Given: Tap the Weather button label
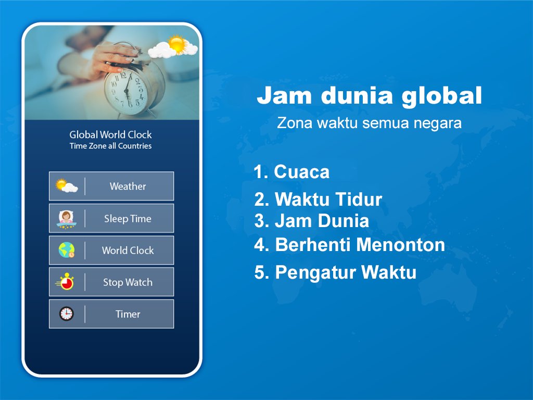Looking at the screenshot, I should (x=128, y=186).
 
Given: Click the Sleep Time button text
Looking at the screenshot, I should (x=128, y=219).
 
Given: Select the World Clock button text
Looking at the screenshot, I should (x=128, y=251).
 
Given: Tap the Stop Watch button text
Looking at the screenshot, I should (x=128, y=282).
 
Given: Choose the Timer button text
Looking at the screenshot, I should (x=128, y=314).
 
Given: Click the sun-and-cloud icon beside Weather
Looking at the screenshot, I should (x=67, y=186).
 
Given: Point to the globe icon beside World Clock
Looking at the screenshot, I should (x=67, y=251).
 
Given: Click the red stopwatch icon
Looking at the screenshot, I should (x=65, y=282).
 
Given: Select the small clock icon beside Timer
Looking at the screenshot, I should (x=66, y=314).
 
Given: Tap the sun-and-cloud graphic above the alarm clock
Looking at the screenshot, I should (x=173, y=47).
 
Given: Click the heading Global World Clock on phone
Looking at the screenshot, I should (x=110, y=135).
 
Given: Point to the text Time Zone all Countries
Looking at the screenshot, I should (x=110, y=146).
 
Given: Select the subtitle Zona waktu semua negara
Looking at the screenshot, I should (x=369, y=124).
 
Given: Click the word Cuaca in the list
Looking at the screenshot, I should (x=301, y=172).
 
